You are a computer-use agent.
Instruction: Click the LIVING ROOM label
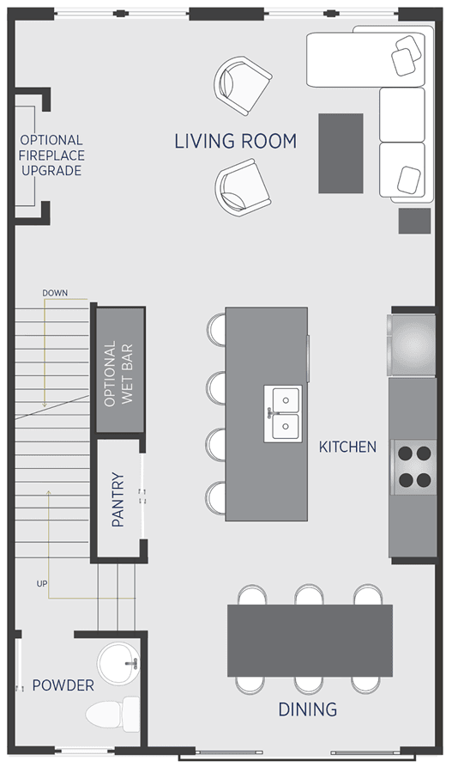pyautogui.click(x=236, y=142)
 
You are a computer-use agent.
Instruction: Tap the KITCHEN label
pyautogui.click(x=347, y=447)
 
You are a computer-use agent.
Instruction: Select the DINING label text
pyautogui.click(x=308, y=709)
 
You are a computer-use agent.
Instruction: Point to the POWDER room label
pyautogui.click(x=63, y=685)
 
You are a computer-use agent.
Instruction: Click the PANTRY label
pyautogui.click(x=118, y=500)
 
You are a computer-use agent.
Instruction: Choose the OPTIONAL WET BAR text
pyautogui.click(x=118, y=373)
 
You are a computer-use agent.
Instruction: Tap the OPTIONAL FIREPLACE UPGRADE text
pyautogui.click(x=51, y=155)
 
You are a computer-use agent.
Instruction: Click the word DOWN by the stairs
pyautogui.click(x=55, y=294)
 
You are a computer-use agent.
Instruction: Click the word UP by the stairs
pyautogui.click(x=42, y=584)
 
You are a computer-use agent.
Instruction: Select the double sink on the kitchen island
pyautogui.click(x=283, y=414)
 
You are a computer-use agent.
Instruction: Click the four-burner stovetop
pyautogui.click(x=414, y=467)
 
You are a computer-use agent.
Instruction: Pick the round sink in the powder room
pyautogui.click(x=118, y=663)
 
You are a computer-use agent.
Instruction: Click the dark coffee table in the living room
pyautogui.click(x=341, y=154)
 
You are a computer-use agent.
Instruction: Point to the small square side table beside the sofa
pyautogui.click(x=414, y=221)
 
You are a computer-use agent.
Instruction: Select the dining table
pyautogui.click(x=310, y=641)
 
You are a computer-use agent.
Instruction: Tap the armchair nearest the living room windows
pyautogui.click(x=243, y=85)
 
